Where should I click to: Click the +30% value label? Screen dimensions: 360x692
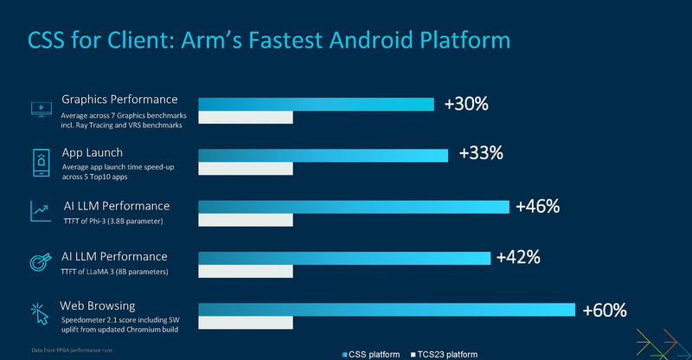[466, 104]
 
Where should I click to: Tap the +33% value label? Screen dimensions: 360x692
[481, 154]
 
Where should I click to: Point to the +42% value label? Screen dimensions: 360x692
[517, 257]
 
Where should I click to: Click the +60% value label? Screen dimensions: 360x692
[604, 310]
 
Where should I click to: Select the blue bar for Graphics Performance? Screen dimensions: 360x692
[317, 105]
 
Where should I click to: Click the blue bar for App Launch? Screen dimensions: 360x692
[324, 155]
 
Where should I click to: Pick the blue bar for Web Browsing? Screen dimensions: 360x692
[387, 310]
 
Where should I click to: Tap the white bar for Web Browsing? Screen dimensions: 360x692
[246, 324]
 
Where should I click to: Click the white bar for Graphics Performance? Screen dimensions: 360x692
[246, 119]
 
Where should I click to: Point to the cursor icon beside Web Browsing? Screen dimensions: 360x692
[40, 313]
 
